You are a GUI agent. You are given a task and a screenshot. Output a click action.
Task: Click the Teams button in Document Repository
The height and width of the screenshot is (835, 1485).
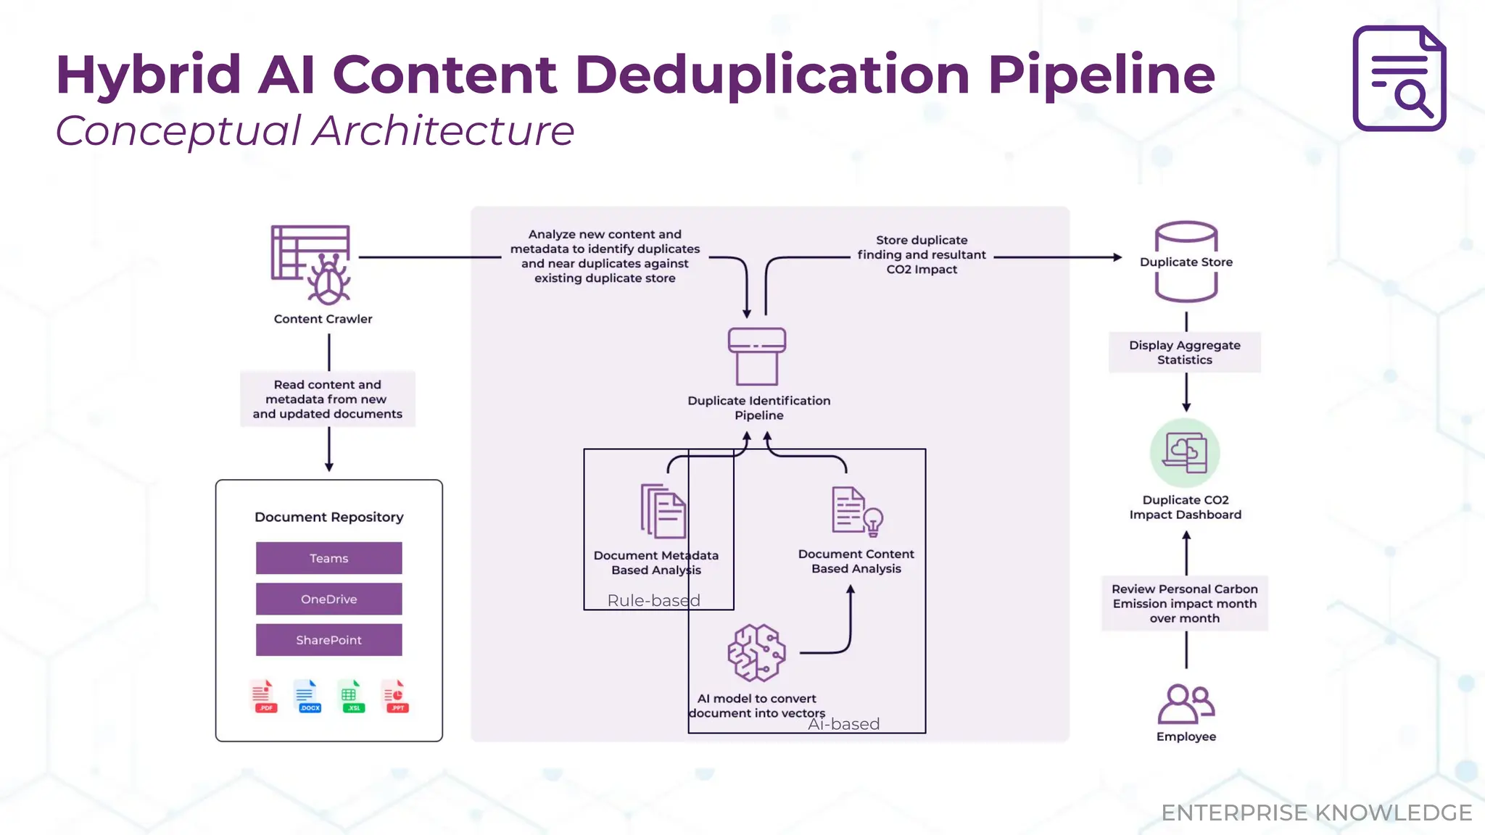pyautogui.click(x=328, y=558)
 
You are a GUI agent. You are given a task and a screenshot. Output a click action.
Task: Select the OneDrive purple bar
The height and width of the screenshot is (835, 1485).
pyautogui.click(x=328, y=599)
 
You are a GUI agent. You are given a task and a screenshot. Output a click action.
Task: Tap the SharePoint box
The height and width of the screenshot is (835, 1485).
pyautogui.click(x=328, y=640)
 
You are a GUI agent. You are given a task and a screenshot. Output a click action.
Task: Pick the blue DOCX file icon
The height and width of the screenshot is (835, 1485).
pyautogui.click(x=308, y=697)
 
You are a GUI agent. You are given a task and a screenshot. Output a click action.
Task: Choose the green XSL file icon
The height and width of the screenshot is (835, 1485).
pyautogui.click(x=352, y=697)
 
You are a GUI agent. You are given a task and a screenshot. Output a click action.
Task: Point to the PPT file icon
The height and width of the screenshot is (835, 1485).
pyautogui.click(x=396, y=697)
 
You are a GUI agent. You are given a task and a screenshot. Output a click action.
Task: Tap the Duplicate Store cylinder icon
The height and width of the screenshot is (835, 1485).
pyautogui.click(x=1186, y=262)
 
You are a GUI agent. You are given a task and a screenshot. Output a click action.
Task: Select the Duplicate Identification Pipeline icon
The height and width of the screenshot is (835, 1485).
pyautogui.click(x=757, y=357)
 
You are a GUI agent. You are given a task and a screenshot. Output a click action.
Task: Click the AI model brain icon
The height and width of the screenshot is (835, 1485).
pyautogui.click(x=756, y=652)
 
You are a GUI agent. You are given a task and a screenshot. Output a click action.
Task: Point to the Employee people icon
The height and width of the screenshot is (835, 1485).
pyautogui.click(x=1186, y=704)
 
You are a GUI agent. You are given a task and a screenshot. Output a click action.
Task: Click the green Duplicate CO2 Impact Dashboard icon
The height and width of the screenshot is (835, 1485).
pyautogui.click(x=1185, y=453)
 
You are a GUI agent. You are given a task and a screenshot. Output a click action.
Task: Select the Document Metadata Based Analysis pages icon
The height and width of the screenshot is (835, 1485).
pyautogui.click(x=663, y=511)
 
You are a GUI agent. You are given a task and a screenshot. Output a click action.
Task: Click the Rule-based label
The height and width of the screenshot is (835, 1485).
pyautogui.click(x=654, y=600)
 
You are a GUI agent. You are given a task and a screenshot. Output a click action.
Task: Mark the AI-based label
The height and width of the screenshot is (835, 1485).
pyautogui.click(x=844, y=724)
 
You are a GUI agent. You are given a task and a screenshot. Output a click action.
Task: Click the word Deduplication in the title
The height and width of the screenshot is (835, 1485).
pyautogui.click(x=773, y=75)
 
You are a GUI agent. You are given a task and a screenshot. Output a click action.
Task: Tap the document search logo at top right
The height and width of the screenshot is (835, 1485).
pyautogui.click(x=1399, y=78)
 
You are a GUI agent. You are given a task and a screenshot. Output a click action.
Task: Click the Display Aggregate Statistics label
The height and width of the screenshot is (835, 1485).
pyautogui.click(x=1185, y=352)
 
